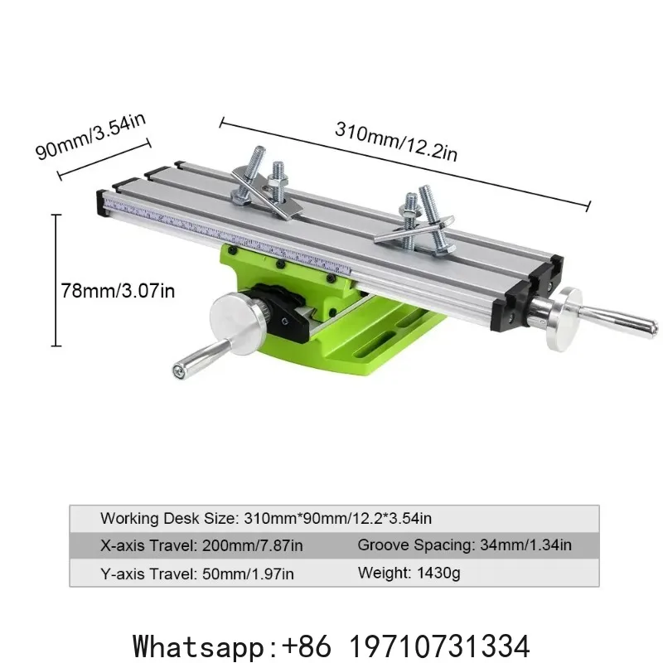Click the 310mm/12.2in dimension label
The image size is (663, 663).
pos(396,141)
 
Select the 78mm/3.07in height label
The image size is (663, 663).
pos(118,291)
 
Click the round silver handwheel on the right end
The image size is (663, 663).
pos(564,319)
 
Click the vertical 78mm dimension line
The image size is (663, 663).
pos(56,280)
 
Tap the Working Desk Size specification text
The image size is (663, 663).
pos(266,519)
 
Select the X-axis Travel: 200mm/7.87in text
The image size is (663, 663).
pos(201,545)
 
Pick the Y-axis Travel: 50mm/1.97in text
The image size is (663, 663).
pos(197,573)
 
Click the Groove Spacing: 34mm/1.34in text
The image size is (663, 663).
pos(465,545)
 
